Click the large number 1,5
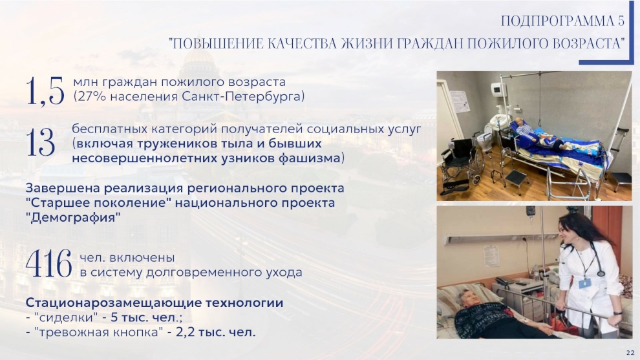[x=45, y=91]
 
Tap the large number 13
[x=41, y=142]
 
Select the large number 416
[x=49, y=264]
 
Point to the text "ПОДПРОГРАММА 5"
[x=562, y=21]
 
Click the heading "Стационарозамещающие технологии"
[x=155, y=303]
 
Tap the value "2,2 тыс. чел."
[x=216, y=332]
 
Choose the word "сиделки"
[x=66, y=317]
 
